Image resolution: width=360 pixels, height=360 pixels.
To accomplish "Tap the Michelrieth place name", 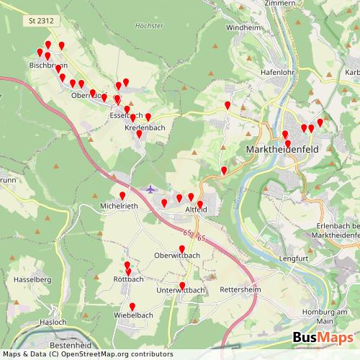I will point(119,206).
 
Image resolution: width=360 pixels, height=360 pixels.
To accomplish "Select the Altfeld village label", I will point(197,209).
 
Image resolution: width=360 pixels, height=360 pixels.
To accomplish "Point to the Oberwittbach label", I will point(177,255).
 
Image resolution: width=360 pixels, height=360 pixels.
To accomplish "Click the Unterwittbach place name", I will point(181,290).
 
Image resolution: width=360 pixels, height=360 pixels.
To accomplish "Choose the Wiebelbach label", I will point(133,315).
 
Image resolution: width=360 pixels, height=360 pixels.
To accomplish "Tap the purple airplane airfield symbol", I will point(150,189).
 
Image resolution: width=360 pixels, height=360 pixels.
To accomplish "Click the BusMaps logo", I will point(322,338).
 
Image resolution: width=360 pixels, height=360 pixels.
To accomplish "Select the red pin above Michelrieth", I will point(122,197).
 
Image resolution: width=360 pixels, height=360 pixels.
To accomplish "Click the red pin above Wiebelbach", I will point(132,306).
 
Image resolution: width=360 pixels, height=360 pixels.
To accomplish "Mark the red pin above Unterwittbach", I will point(182,286).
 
